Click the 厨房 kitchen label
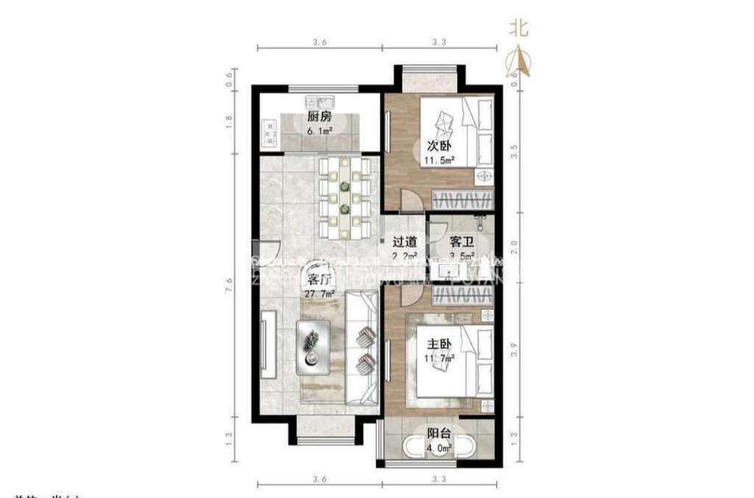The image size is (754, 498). pyautogui.click(x=319, y=117)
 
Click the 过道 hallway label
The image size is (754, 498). pyautogui.click(x=405, y=241)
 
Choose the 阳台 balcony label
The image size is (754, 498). pyautogui.click(x=440, y=433)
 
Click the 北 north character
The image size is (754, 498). pyautogui.click(x=519, y=27)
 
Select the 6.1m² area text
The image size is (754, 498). pyautogui.click(x=320, y=131)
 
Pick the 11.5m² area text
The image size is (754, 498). pyautogui.click(x=439, y=159)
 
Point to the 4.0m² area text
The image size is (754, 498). pyautogui.click(x=440, y=446)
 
